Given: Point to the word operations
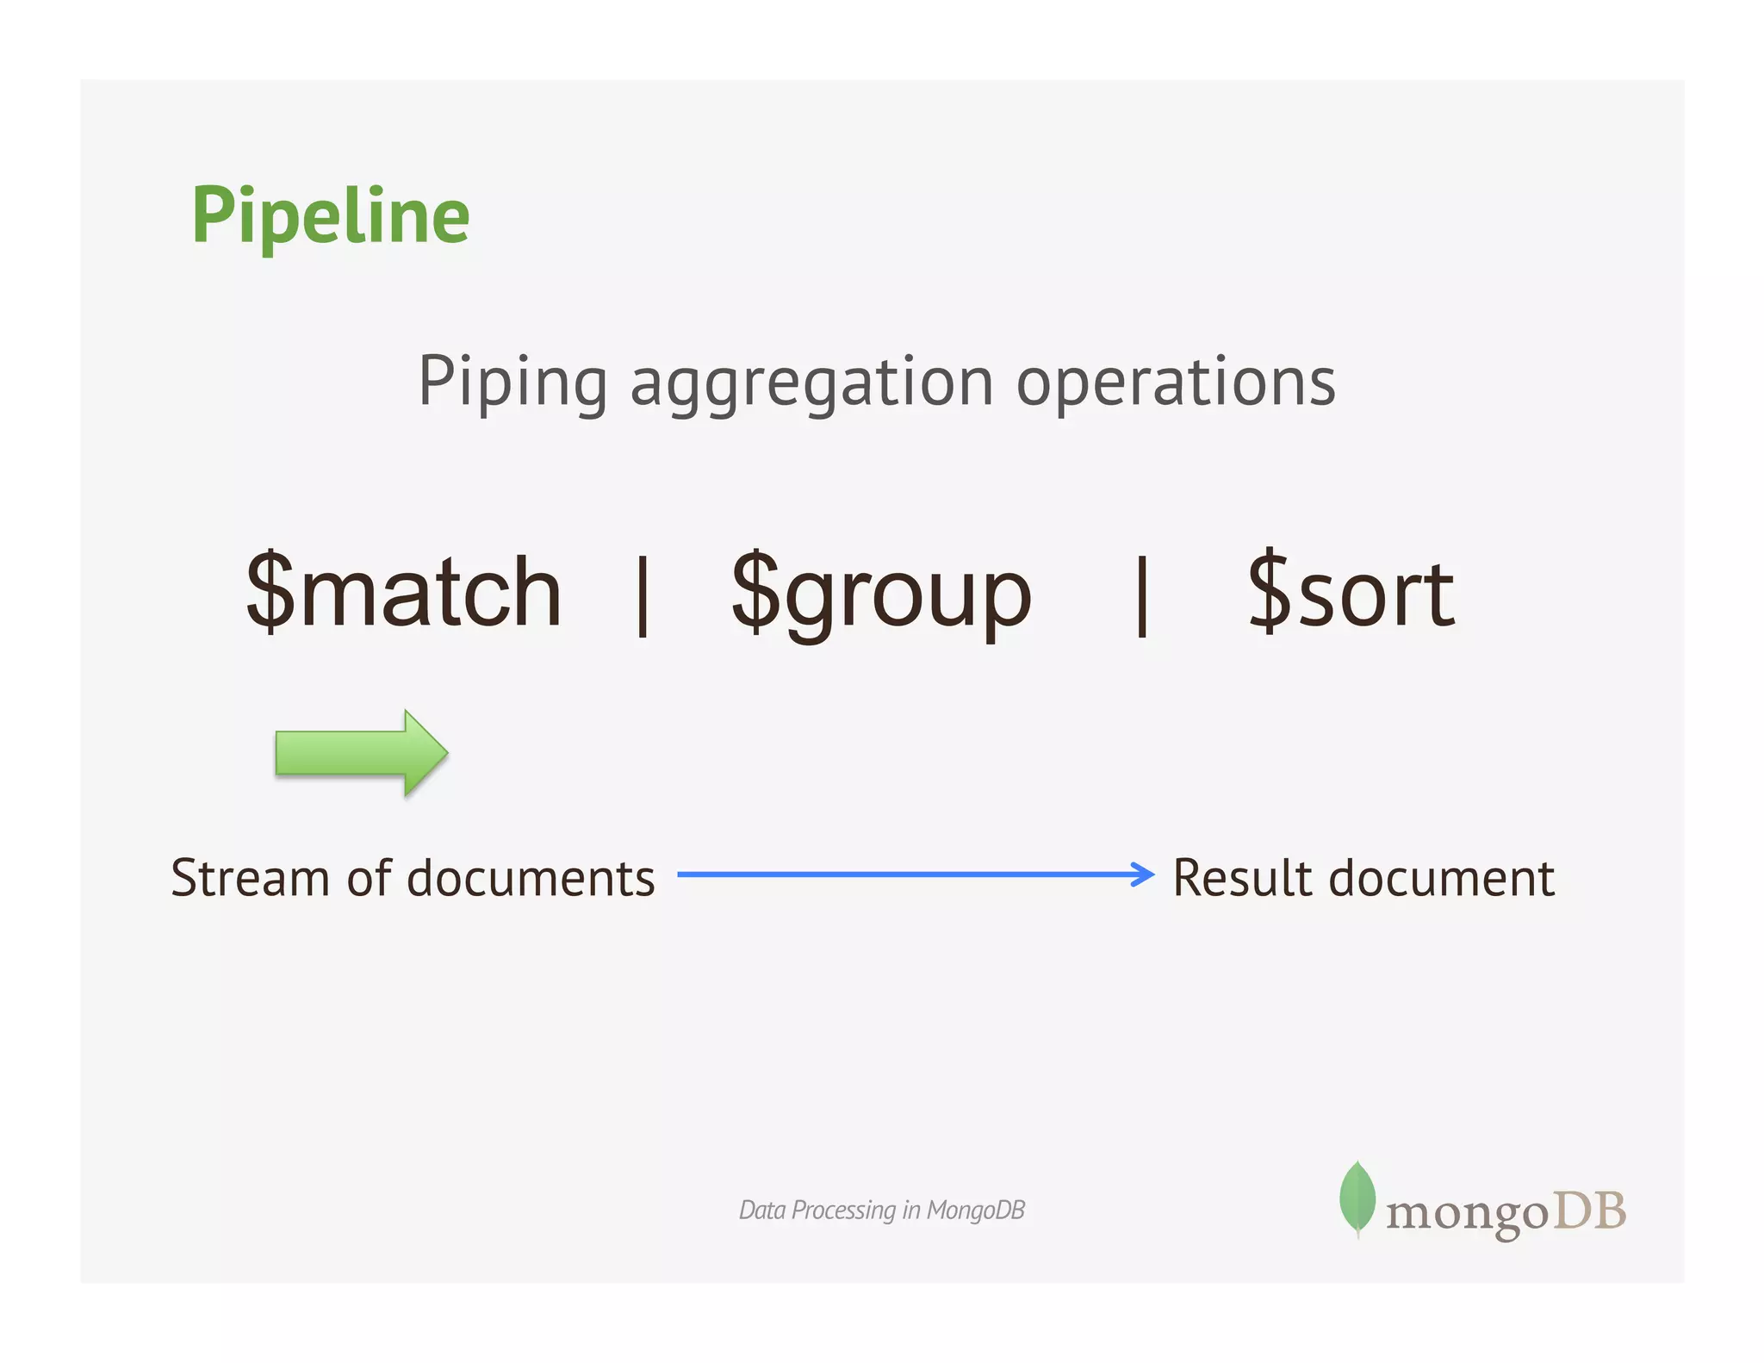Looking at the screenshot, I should (1176, 383).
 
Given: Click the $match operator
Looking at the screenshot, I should (404, 593).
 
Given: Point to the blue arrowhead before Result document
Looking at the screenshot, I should (1143, 874).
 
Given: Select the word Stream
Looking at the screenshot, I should (251, 878).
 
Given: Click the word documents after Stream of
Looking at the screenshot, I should (531, 878).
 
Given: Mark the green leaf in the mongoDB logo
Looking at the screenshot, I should (1357, 1197).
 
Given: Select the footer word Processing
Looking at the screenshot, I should (843, 1211).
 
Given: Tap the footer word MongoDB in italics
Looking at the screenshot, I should (975, 1211).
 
